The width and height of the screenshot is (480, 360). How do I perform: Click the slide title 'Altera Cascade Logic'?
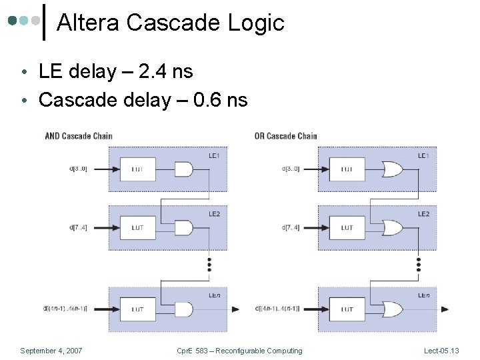coord(171,23)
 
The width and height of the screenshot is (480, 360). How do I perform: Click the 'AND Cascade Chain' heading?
coord(79,136)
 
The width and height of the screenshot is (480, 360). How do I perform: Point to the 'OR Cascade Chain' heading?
coord(285,136)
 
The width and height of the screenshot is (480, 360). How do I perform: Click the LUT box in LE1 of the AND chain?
coord(137,169)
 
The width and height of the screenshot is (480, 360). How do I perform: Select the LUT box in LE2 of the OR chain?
coord(347,228)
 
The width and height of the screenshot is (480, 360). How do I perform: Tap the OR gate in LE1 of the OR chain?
coord(391,169)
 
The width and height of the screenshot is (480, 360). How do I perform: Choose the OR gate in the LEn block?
coord(391,309)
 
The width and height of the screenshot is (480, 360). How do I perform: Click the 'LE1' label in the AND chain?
coord(215,155)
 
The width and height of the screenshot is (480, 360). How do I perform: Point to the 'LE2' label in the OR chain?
coord(423,214)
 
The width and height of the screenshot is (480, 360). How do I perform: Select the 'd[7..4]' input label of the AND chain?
coord(79,227)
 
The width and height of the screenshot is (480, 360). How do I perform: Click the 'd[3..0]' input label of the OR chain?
coord(290,169)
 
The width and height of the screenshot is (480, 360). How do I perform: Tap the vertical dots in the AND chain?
coord(209,264)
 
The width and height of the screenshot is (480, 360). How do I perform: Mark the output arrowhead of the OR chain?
coord(445,309)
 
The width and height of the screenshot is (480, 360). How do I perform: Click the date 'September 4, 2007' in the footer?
coord(51,351)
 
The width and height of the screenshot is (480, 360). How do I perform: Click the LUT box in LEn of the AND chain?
coord(137,309)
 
